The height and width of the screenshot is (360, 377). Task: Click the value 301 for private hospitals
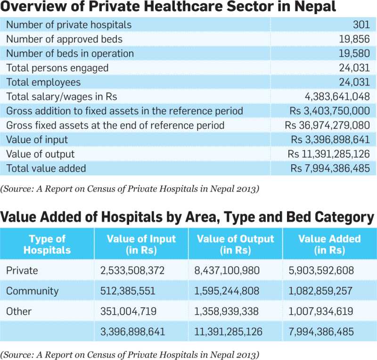tap(361, 25)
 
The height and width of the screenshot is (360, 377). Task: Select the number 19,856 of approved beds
tap(354, 39)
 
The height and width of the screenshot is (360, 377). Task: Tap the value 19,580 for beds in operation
tap(354, 53)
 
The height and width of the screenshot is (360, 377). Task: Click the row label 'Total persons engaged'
tap(57, 68)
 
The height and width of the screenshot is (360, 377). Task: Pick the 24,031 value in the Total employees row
tap(354, 82)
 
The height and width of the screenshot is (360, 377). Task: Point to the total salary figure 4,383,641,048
tap(337, 97)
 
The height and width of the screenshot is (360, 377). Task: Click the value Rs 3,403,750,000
tap(329, 111)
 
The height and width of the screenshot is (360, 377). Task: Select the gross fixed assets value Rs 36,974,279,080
tap(327, 125)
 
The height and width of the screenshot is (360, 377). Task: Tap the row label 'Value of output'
tap(41, 154)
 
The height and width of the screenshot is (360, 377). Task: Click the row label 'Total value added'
tap(46, 168)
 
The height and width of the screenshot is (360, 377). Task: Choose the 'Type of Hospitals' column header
tap(47, 244)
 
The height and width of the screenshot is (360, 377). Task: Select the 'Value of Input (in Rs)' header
tap(141, 244)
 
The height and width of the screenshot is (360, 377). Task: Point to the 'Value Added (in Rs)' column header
tap(329, 244)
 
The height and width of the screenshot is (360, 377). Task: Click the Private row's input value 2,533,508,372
tap(132, 270)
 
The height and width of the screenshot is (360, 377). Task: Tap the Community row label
tap(32, 291)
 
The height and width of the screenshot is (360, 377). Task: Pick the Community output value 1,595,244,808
tap(227, 291)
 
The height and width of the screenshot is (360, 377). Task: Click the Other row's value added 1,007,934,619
tap(321, 311)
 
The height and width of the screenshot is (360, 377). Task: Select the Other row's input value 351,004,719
tap(128, 311)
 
